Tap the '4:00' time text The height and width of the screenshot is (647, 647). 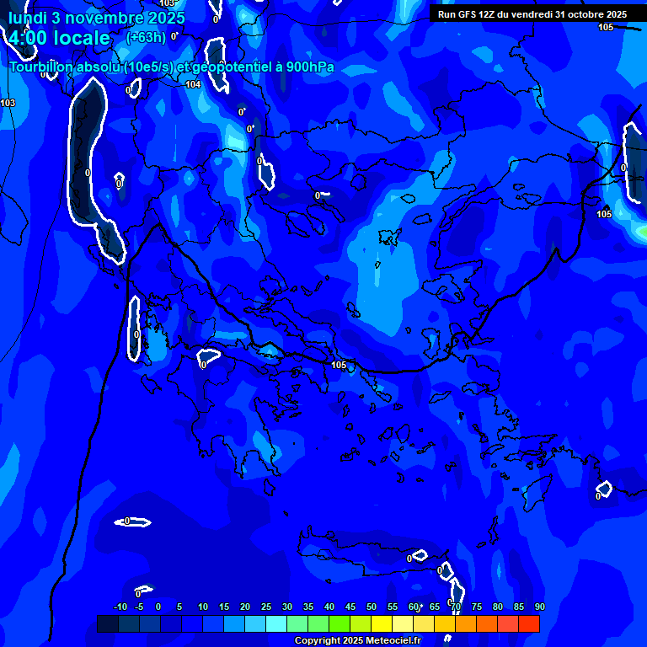[32, 38]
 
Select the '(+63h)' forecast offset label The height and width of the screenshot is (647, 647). [146, 37]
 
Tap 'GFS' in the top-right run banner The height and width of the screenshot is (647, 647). [468, 14]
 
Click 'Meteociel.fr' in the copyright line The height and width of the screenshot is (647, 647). [387, 641]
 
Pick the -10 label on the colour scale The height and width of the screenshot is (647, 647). [120, 607]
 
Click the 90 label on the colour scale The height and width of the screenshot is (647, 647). [539, 607]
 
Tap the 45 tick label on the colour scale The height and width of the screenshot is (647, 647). [350, 607]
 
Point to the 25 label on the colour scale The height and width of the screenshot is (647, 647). [265, 607]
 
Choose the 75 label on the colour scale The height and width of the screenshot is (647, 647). [476, 607]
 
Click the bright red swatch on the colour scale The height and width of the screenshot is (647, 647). [528, 623]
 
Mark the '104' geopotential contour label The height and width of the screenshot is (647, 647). [193, 84]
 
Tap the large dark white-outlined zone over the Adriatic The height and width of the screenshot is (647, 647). [89, 160]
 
